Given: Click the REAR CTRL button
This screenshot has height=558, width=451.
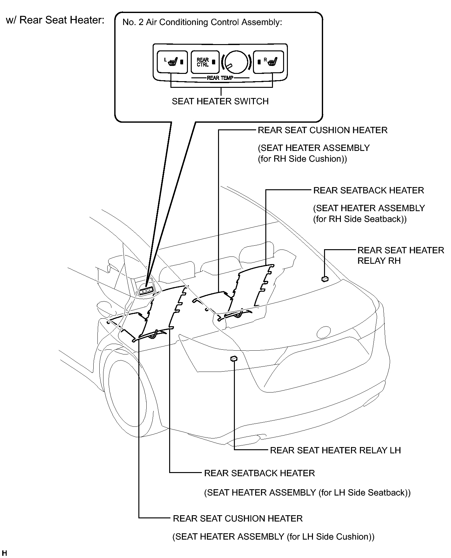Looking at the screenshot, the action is [205, 62].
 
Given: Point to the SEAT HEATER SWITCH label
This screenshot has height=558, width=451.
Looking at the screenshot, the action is [220, 101].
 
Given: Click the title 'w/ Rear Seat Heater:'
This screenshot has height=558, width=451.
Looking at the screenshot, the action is [56, 20].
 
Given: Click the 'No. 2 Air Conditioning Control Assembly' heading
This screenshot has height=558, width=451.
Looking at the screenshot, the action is [202, 23].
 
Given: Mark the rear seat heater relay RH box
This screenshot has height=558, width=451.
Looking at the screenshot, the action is [325, 279].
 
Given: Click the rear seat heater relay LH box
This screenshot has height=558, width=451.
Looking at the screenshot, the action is [234, 359].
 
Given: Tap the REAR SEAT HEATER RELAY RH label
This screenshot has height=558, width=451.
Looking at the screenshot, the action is [401, 256].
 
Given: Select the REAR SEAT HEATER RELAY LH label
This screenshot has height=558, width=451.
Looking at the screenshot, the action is [335, 450].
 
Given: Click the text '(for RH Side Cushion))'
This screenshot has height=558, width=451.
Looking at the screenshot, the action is [302, 159].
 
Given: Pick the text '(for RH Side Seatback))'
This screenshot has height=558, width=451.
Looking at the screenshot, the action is [360, 219].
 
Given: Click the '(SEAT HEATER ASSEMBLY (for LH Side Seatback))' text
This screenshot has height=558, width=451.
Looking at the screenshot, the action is [307, 493].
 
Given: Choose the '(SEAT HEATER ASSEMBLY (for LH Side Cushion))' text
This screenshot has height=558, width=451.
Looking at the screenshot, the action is [273, 537].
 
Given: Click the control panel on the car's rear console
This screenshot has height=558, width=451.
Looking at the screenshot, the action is [146, 290].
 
